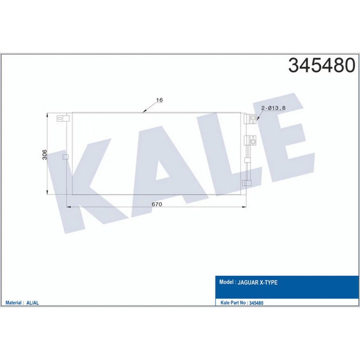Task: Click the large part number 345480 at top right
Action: (x=321, y=65)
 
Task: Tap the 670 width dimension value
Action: (x=157, y=204)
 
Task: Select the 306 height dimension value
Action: (x=45, y=155)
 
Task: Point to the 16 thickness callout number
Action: (x=159, y=100)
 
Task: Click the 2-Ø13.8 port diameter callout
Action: (x=273, y=108)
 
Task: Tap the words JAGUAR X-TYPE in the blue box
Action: (x=257, y=282)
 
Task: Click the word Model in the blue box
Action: (x=226, y=282)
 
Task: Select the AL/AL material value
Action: (x=33, y=303)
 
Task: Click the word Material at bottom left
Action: (x=13, y=303)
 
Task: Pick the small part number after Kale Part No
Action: (x=256, y=303)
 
